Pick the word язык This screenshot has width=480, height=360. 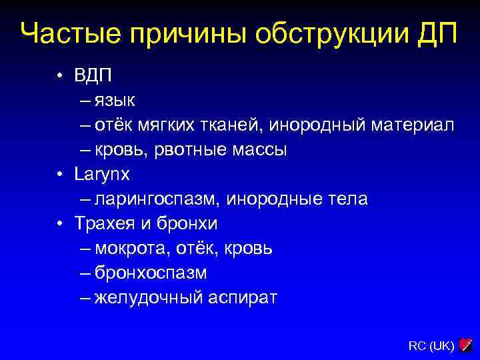115,101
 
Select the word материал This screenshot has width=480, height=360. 413,125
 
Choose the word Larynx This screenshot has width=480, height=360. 102,175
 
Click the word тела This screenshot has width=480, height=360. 347,199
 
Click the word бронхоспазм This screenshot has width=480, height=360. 150,273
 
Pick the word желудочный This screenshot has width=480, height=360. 147,298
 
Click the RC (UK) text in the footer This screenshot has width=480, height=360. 431,345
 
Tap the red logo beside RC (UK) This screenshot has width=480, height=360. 466,345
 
